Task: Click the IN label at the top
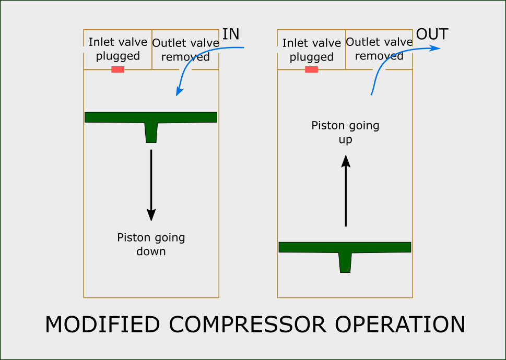pyautogui.click(x=231, y=34)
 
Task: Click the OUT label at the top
pyautogui.click(x=432, y=35)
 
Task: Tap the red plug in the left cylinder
pyautogui.click(x=117, y=69)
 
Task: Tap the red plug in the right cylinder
pyautogui.click(x=311, y=69)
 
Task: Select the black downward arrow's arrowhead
pyautogui.click(x=151, y=214)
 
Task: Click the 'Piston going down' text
pyautogui.click(x=151, y=244)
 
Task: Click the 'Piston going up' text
pyautogui.click(x=345, y=133)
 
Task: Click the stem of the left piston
pyautogui.click(x=151, y=133)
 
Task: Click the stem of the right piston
pyautogui.click(x=345, y=262)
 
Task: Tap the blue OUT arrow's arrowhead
pyautogui.click(x=436, y=49)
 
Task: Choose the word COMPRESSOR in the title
pyautogui.click(x=246, y=325)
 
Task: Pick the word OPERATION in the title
pyautogui.click(x=400, y=325)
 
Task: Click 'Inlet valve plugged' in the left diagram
pyautogui.click(x=118, y=49)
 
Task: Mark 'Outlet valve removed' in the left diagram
pyautogui.click(x=185, y=50)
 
